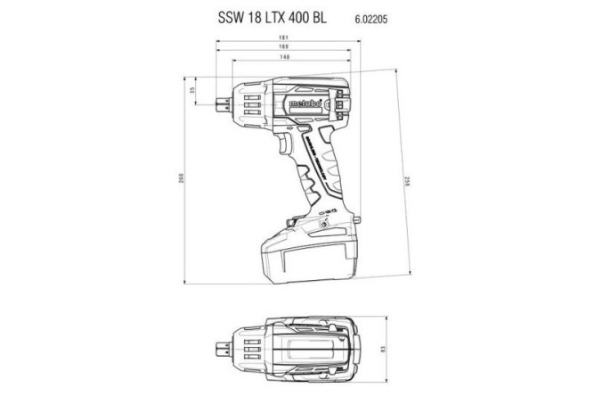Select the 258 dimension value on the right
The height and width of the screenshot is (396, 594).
[x=410, y=179]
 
